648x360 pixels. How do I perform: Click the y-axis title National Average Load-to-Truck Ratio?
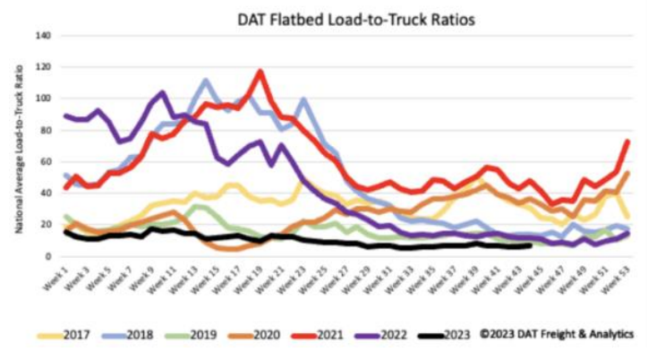19,148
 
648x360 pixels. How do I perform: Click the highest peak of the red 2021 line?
260,71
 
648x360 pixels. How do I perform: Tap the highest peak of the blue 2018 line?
206,80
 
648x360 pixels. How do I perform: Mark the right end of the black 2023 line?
531,245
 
